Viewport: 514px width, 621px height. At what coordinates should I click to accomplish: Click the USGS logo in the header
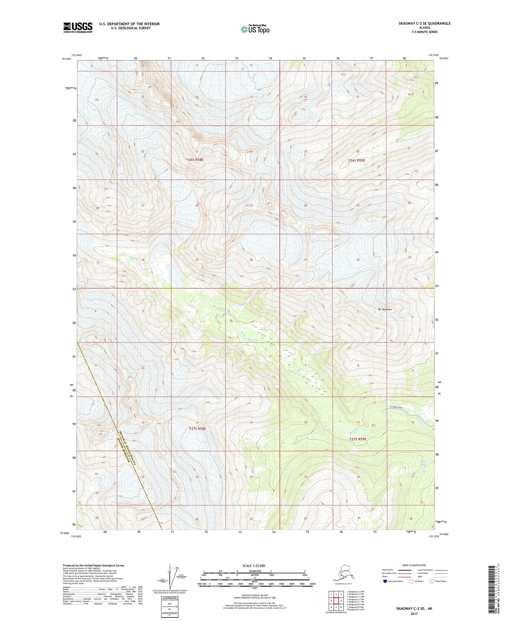click(x=78, y=27)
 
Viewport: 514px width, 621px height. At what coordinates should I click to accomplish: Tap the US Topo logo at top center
click(x=255, y=29)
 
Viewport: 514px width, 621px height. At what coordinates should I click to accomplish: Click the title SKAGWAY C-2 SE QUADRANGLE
click(x=419, y=23)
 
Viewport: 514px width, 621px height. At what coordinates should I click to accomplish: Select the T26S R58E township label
click(x=195, y=160)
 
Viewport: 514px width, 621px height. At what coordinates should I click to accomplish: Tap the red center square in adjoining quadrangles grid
click(x=336, y=601)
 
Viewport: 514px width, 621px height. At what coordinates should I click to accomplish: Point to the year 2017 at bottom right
click(x=414, y=614)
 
